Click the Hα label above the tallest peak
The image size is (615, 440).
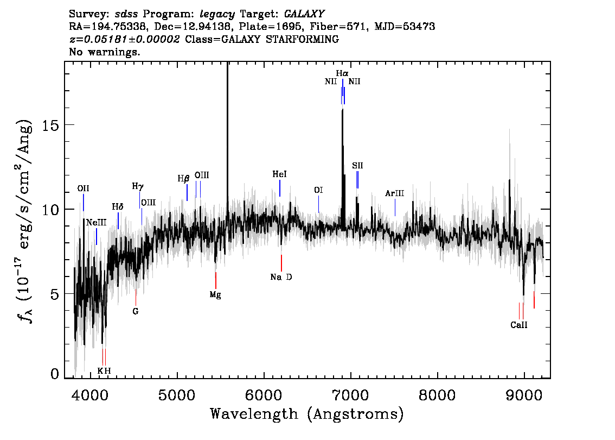click(x=342, y=73)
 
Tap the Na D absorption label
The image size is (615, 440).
click(x=281, y=277)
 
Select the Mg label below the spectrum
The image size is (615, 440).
click(x=215, y=294)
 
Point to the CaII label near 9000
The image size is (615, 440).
click(x=519, y=325)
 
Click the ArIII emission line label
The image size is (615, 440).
click(x=395, y=193)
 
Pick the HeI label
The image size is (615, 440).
click(x=280, y=174)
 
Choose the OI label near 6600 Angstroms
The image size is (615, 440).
click(x=318, y=190)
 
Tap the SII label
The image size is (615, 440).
click(x=357, y=165)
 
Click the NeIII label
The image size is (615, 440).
click(x=96, y=222)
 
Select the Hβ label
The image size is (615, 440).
click(x=183, y=179)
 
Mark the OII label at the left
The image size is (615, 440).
click(x=83, y=188)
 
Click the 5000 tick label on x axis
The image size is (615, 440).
click(x=177, y=394)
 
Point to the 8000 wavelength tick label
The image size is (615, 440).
click(x=437, y=394)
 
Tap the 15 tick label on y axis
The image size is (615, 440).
click(x=50, y=125)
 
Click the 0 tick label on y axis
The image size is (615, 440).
click(x=55, y=374)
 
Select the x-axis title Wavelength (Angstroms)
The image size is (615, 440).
click(x=307, y=414)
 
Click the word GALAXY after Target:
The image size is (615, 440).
click(x=304, y=14)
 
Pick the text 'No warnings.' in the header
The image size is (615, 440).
click(x=105, y=52)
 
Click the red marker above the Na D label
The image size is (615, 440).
click(x=281, y=263)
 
